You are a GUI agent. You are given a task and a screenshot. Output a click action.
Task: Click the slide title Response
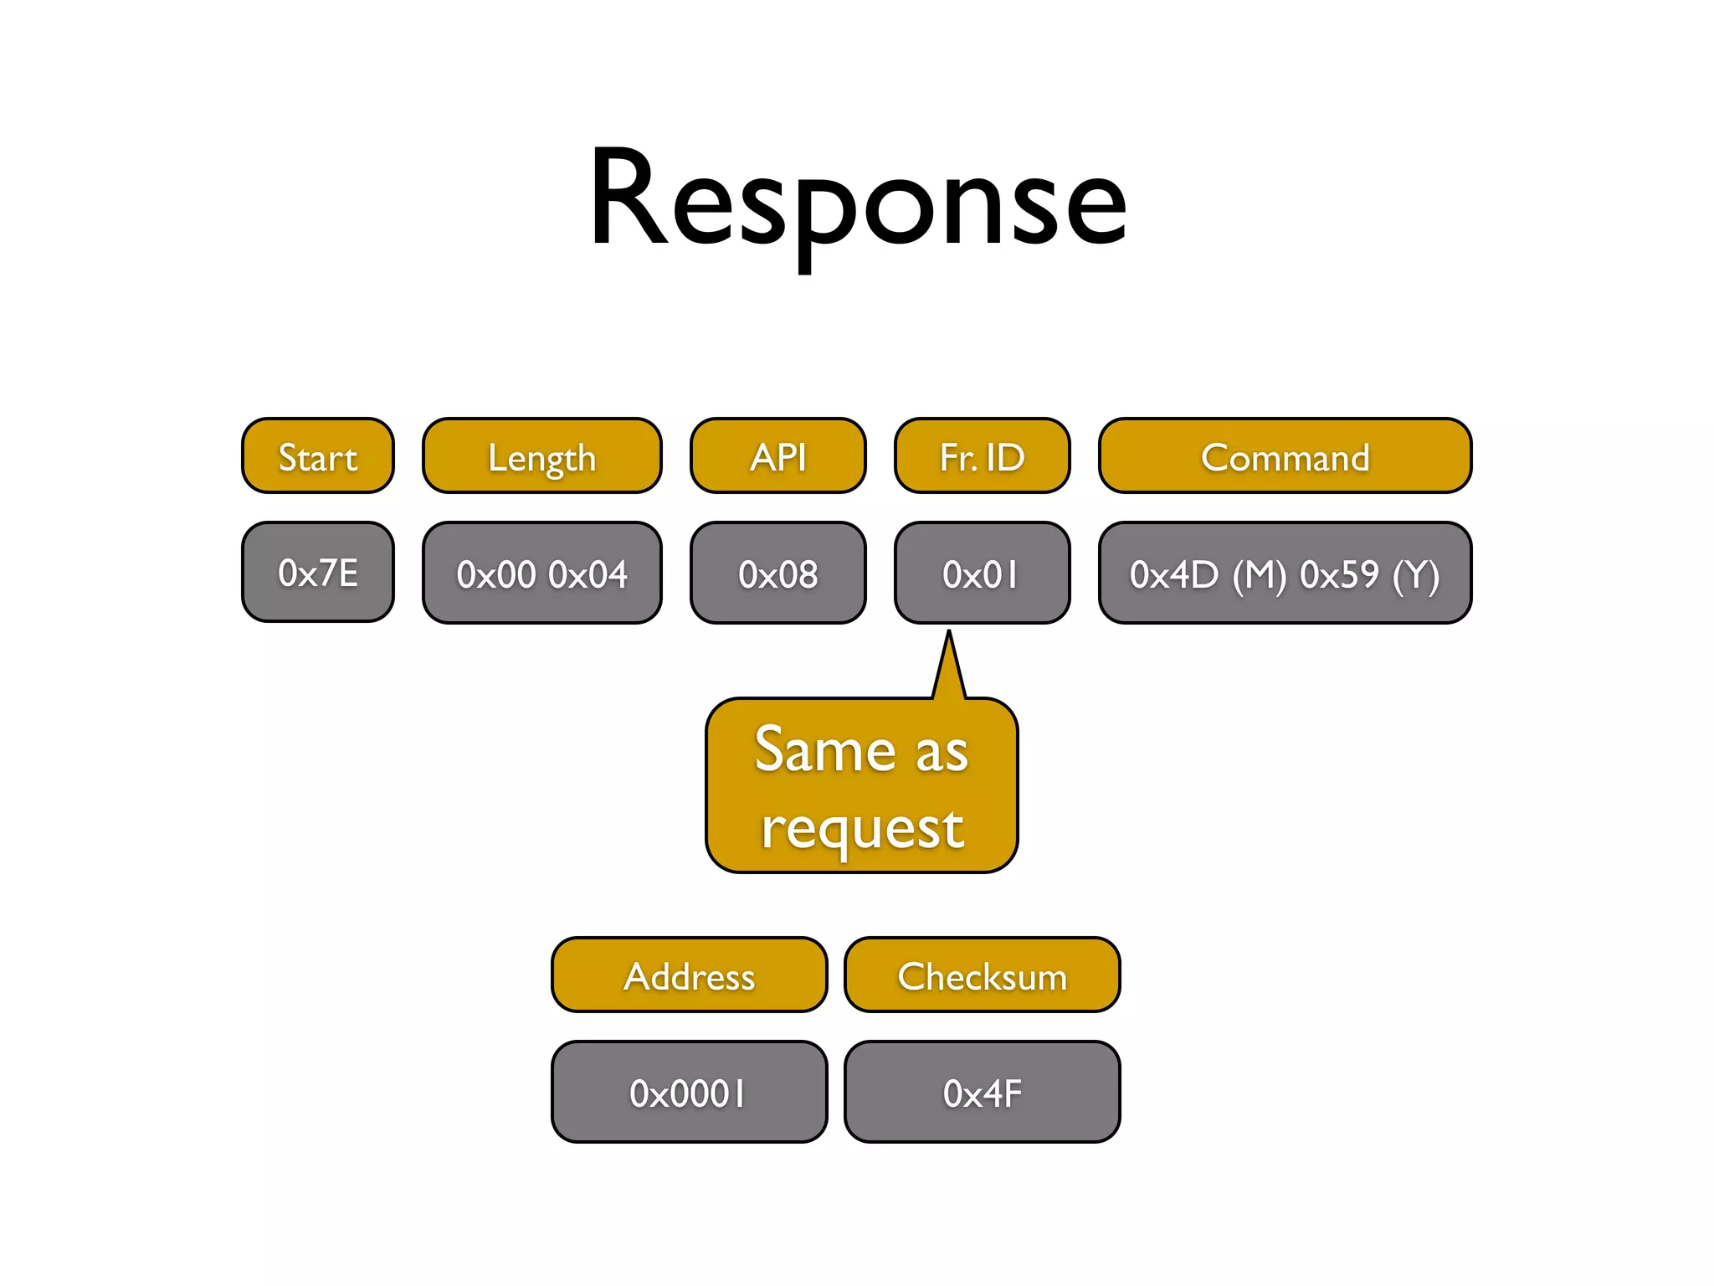tap(857, 201)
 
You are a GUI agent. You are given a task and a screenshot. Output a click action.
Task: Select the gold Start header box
tap(318, 456)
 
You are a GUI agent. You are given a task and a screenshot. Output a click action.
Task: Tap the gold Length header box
tap(542, 456)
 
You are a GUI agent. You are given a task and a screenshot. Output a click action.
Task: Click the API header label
tap(778, 457)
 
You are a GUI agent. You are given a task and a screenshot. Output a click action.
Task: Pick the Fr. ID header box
tap(983, 456)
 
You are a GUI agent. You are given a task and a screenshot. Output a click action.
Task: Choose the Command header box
tap(1285, 456)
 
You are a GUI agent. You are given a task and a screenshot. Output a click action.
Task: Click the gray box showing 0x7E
tap(318, 573)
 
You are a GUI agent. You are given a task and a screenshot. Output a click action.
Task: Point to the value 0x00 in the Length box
tap(496, 574)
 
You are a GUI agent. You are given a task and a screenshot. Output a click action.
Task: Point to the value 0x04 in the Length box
tap(588, 574)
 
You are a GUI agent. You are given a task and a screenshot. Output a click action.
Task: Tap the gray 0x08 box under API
tap(778, 574)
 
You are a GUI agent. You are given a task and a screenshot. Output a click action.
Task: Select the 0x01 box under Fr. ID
tap(983, 574)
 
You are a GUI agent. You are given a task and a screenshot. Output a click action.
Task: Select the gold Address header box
tap(690, 975)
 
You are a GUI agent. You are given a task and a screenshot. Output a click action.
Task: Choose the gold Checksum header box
tap(983, 975)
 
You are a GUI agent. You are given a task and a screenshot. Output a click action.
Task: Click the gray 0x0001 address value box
tap(690, 1093)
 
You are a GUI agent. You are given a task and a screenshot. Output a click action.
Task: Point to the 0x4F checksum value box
tap(983, 1093)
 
